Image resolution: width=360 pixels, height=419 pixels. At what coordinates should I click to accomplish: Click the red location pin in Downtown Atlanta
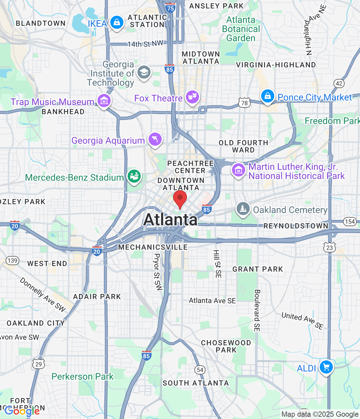[180, 199]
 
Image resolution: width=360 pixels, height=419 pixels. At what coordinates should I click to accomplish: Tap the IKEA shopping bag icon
[116, 23]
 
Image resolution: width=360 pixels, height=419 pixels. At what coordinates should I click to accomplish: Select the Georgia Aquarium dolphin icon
[155, 139]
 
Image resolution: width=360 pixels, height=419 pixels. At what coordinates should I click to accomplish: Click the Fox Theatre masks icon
[192, 97]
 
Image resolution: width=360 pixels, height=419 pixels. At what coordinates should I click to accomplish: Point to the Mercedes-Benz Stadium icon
[134, 176]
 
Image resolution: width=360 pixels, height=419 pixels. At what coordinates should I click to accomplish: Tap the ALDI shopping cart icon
[326, 367]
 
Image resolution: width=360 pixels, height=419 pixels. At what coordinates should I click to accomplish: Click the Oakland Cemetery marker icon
[243, 209]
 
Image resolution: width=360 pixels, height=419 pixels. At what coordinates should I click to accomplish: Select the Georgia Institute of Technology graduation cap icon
[144, 72]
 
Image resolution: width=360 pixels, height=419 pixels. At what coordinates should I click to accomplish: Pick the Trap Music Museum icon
[104, 100]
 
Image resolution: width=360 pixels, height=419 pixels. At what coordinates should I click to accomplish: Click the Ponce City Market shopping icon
[267, 96]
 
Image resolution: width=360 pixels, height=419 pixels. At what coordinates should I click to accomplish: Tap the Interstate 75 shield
[171, 8]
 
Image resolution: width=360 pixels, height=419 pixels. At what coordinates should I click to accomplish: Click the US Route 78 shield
[244, 103]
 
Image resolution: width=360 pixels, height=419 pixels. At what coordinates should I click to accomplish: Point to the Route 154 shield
[350, 222]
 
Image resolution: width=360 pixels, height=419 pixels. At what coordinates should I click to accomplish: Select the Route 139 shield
[12, 261]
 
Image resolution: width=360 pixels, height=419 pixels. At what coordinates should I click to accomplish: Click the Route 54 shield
[200, 370]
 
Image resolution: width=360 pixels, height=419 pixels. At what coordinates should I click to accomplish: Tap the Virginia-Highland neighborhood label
[276, 65]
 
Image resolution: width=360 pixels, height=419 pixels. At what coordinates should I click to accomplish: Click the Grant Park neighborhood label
[258, 269]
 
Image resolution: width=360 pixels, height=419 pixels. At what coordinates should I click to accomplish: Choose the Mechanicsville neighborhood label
[153, 247]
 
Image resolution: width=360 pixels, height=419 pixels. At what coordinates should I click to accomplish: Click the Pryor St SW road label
[157, 272]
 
